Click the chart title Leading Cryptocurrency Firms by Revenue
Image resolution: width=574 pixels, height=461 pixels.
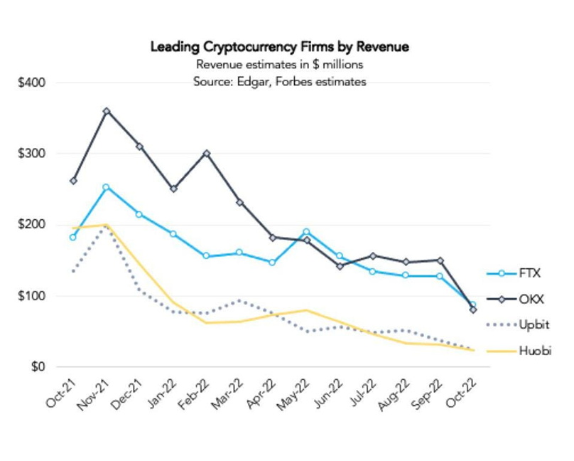click(279, 47)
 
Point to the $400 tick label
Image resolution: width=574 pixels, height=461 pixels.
click(32, 83)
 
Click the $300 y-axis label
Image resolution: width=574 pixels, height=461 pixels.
click(32, 154)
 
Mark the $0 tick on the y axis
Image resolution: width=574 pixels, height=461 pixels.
click(38, 367)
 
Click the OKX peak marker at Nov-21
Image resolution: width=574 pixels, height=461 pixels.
click(107, 111)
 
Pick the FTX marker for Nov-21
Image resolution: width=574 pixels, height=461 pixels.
click(107, 187)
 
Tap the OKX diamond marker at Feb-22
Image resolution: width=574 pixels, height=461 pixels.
click(206, 153)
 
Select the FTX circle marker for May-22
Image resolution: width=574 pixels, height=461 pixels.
click(306, 232)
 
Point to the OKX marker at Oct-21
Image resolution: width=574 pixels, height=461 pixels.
click(73, 181)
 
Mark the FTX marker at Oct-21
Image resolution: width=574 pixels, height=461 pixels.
click(73, 237)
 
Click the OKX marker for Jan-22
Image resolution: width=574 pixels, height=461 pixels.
click(173, 189)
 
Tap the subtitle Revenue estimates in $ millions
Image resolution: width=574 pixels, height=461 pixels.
click(279, 65)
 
